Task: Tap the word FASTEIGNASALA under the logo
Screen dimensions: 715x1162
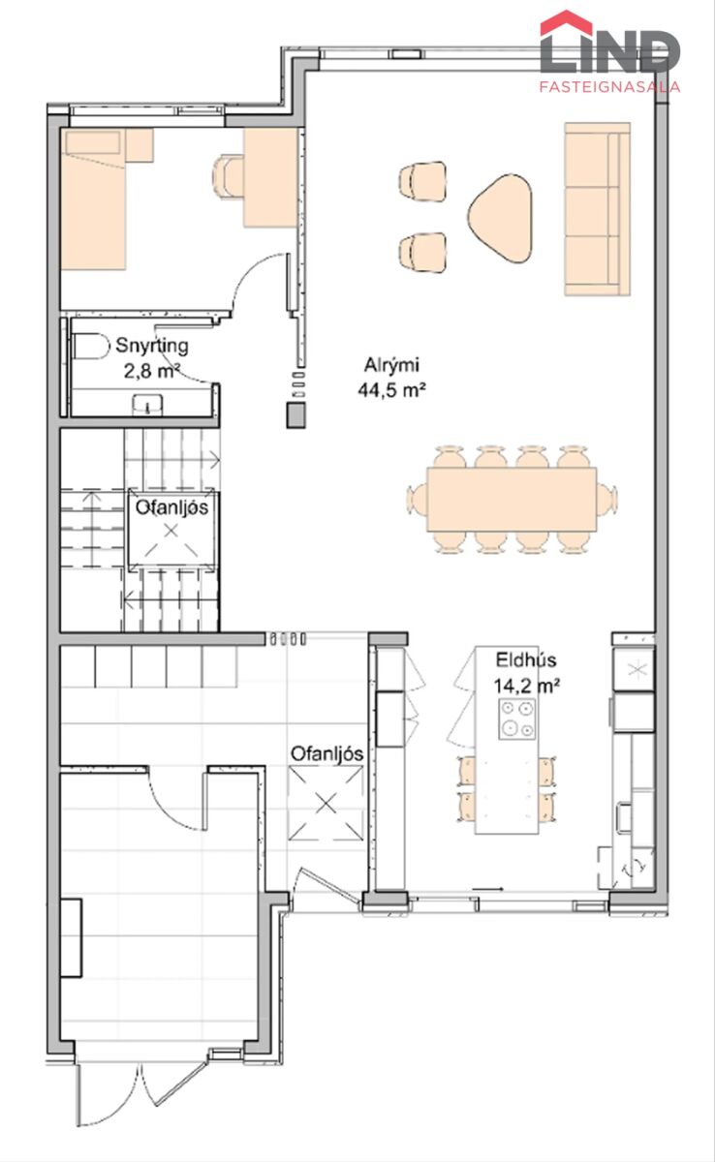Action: pyautogui.click(x=609, y=86)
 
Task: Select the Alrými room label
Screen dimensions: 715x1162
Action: pyautogui.click(x=391, y=365)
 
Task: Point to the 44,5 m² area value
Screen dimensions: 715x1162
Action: pyautogui.click(x=391, y=389)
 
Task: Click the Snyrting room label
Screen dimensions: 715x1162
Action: pyautogui.click(x=151, y=346)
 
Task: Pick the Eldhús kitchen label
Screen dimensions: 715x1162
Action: pyautogui.click(x=526, y=659)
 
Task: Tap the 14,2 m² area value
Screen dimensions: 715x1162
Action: pyautogui.click(x=526, y=686)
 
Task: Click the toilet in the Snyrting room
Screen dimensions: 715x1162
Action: pyautogui.click(x=91, y=346)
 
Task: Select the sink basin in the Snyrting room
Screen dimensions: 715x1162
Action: pyautogui.click(x=148, y=404)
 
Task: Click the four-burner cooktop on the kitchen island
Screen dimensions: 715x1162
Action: pyautogui.click(x=516, y=719)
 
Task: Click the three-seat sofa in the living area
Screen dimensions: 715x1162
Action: pyautogui.click(x=597, y=209)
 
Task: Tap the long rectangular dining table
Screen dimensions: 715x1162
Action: pyautogui.click(x=512, y=499)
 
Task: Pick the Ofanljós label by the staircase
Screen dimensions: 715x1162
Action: pyautogui.click(x=171, y=507)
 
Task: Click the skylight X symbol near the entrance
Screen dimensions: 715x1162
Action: pyautogui.click(x=326, y=804)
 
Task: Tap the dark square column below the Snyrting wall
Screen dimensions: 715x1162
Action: pyautogui.click(x=295, y=415)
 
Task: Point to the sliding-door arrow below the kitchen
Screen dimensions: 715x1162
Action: pyautogui.click(x=487, y=889)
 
